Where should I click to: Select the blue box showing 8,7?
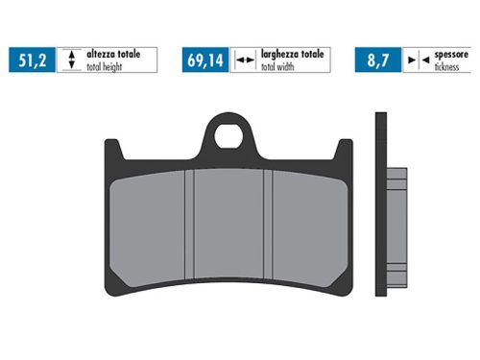point(376,60)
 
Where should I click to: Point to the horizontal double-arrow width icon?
point(244,60)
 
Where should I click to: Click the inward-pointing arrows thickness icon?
point(413,60)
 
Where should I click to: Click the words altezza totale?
point(113,55)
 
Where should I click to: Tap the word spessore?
point(452,55)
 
